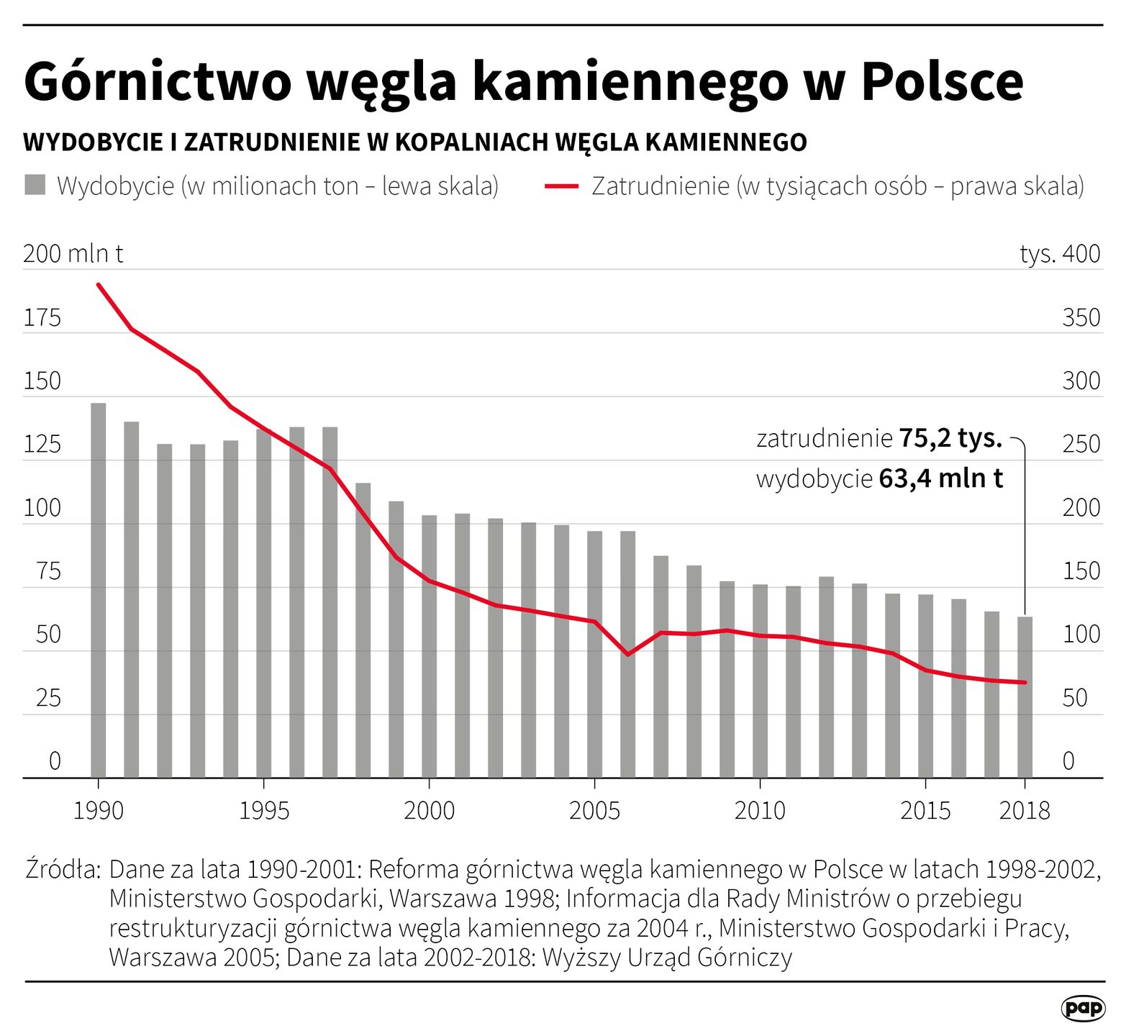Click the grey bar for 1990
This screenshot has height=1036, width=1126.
(99, 590)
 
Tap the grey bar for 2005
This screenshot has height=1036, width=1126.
(594, 654)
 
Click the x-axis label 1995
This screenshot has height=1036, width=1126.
(264, 811)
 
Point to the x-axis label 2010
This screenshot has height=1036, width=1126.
(760, 811)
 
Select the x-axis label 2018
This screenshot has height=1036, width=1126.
(1025, 811)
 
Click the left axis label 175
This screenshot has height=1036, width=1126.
(42, 317)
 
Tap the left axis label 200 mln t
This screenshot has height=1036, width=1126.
(73, 254)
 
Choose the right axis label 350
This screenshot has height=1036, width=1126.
(1081, 317)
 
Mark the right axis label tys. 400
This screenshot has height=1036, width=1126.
(1060, 254)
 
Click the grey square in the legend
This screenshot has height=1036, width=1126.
(35, 185)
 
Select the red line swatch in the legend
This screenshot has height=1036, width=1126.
(562, 186)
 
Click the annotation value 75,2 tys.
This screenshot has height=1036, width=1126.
(950, 437)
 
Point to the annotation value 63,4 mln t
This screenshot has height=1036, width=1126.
(940, 478)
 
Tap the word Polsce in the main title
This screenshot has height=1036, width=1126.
(942, 81)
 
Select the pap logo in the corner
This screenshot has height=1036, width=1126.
(1083, 1008)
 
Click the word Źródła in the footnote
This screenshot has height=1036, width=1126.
(63, 869)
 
